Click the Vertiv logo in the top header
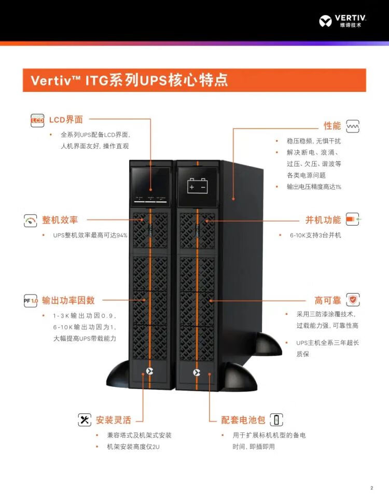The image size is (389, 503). (343, 21)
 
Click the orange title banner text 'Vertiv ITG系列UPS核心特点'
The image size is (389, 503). (129, 80)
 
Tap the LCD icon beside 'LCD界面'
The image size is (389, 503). (37, 120)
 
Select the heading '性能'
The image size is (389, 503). (332, 126)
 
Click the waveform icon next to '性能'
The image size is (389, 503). (353, 126)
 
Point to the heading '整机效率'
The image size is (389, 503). (60, 220)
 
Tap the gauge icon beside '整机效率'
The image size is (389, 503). (31, 220)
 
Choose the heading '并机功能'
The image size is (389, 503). (323, 220)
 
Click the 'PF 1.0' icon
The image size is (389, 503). (31, 300)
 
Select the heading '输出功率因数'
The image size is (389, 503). (68, 300)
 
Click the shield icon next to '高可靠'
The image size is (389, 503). (353, 300)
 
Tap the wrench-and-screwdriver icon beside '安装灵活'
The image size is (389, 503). (85, 420)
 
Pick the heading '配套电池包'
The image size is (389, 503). (243, 420)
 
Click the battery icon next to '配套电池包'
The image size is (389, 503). (277, 420)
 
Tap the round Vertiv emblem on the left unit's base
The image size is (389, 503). (150, 371)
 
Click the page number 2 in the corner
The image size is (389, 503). (371, 488)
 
